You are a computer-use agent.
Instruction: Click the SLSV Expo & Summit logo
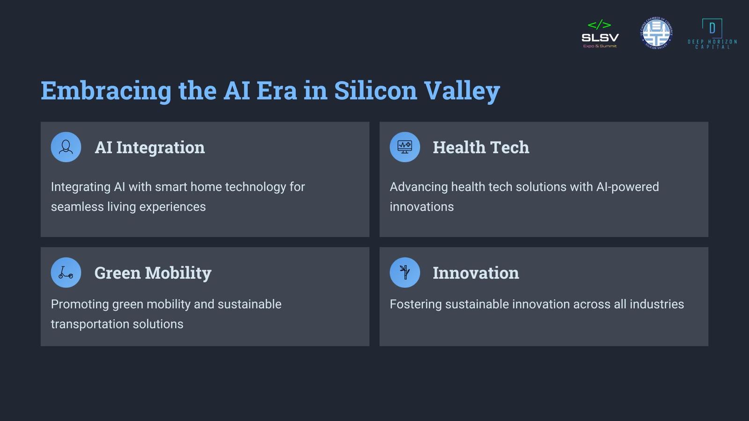click(600, 34)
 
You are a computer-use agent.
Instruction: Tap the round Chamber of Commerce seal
click(656, 33)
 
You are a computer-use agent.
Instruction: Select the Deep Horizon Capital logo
click(712, 34)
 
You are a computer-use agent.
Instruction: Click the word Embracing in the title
click(106, 91)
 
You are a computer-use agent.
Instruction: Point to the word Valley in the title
click(462, 91)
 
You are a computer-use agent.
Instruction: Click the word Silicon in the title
click(375, 90)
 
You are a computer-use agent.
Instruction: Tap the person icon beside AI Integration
click(66, 147)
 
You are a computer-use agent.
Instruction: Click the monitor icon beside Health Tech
click(404, 147)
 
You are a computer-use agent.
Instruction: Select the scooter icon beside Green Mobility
click(66, 272)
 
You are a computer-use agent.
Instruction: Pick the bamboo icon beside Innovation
click(404, 272)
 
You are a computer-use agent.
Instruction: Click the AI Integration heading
click(150, 148)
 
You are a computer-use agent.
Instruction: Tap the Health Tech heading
click(481, 147)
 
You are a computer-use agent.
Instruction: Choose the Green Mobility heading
click(153, 273)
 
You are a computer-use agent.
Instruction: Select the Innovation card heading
click(476, 273)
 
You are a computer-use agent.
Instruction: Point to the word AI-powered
click(628, 187)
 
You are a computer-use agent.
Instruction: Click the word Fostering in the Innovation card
click(416, 305)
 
